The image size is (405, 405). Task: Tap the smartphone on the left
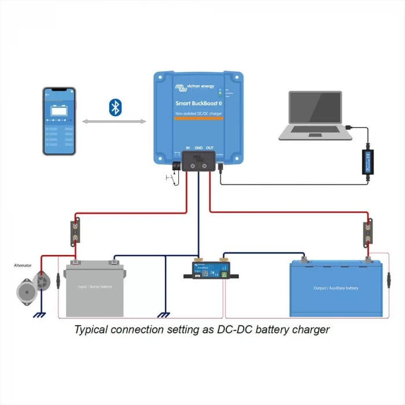60,121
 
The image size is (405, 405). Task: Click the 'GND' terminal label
198,148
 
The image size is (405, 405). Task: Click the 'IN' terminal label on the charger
187,148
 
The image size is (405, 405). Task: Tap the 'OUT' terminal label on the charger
209,148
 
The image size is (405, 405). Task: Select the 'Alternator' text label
23,266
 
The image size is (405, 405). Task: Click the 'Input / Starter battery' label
95,286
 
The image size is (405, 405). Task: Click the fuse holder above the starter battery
75,231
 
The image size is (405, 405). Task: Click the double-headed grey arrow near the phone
114,122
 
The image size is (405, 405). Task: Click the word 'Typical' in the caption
92,330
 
